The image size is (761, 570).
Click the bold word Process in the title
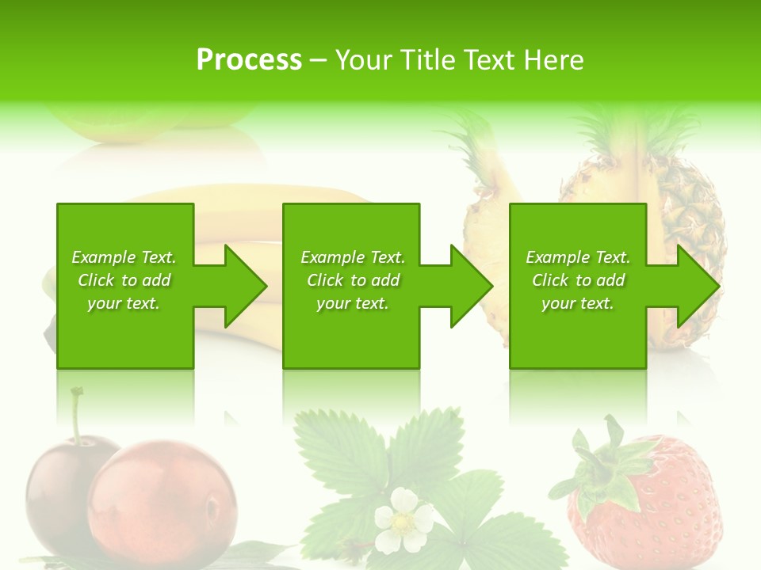(249, 60)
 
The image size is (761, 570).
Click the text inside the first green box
(124, 280)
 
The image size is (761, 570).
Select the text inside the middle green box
(352, 280)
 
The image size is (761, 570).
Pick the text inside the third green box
(578, 280)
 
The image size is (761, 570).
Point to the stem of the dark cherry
(77, 416)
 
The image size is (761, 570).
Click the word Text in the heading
(491, 60)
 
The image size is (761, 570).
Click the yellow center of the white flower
(402, 522)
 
